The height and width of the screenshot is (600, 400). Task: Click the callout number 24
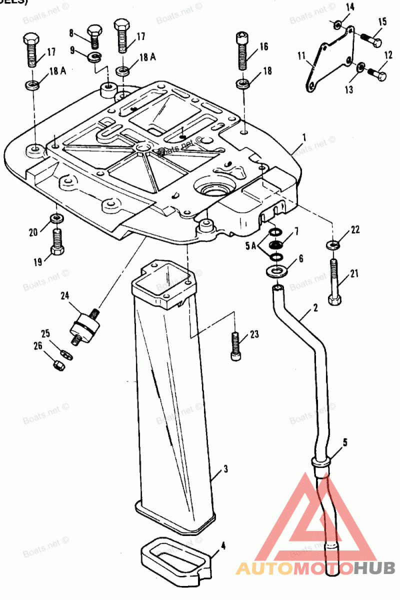65,295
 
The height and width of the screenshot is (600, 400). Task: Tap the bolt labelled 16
242,52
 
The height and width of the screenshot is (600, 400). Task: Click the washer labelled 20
56,218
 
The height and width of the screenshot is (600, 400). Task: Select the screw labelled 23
235,345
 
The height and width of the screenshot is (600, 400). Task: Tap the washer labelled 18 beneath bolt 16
242,83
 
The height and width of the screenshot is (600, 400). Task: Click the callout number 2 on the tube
315,308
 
